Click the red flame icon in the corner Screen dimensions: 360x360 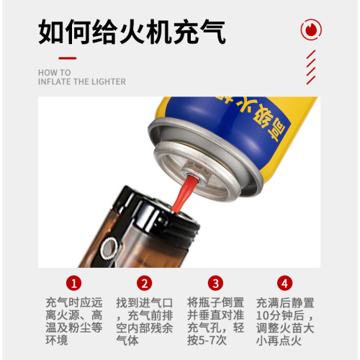pos(311,30)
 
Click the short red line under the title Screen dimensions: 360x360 pos(67,57)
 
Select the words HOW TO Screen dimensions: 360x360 pos(54,73)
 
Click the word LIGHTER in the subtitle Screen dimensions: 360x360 pos(105,82)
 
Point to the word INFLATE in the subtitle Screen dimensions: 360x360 pos(55,82)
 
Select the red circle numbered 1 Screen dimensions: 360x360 pos(74,282)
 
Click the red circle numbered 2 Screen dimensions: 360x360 pos(145,282)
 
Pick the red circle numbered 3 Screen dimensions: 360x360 pos(215,282)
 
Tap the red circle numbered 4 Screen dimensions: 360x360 pos(286,282)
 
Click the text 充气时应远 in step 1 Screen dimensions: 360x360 pos(74,302)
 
